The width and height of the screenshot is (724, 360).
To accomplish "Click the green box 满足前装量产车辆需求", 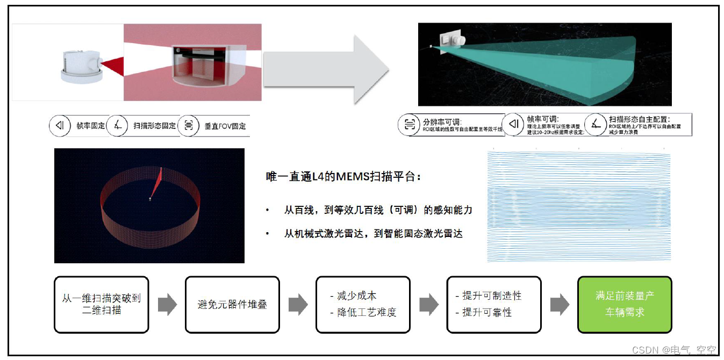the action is click(x=625, y=304).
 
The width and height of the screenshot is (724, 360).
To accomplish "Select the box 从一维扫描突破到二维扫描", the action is click(x=101, y=304).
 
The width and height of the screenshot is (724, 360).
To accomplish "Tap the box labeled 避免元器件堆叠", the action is click(x=232, y=304).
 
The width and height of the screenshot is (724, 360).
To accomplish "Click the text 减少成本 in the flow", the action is click(x=356, y=296).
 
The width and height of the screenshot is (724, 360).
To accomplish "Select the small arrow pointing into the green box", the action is click(x=559, y=305).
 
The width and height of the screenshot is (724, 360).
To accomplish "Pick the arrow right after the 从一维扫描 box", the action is click(x=167, y=305).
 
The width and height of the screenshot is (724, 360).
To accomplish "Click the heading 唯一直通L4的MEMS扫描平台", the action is click(x=340, y=176).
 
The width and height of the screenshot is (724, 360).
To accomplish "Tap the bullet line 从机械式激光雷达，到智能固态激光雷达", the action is click(x=373, y=233).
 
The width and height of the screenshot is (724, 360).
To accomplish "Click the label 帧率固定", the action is click(x=90, y=126).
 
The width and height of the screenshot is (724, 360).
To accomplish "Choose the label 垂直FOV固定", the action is click(x=225, y=126).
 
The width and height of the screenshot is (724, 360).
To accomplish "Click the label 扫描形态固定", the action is click(x=154, y=126).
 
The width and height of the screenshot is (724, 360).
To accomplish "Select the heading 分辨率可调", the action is click(x=442, y=121).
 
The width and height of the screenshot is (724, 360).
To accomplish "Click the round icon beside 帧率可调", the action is click(x=514, y=125).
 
